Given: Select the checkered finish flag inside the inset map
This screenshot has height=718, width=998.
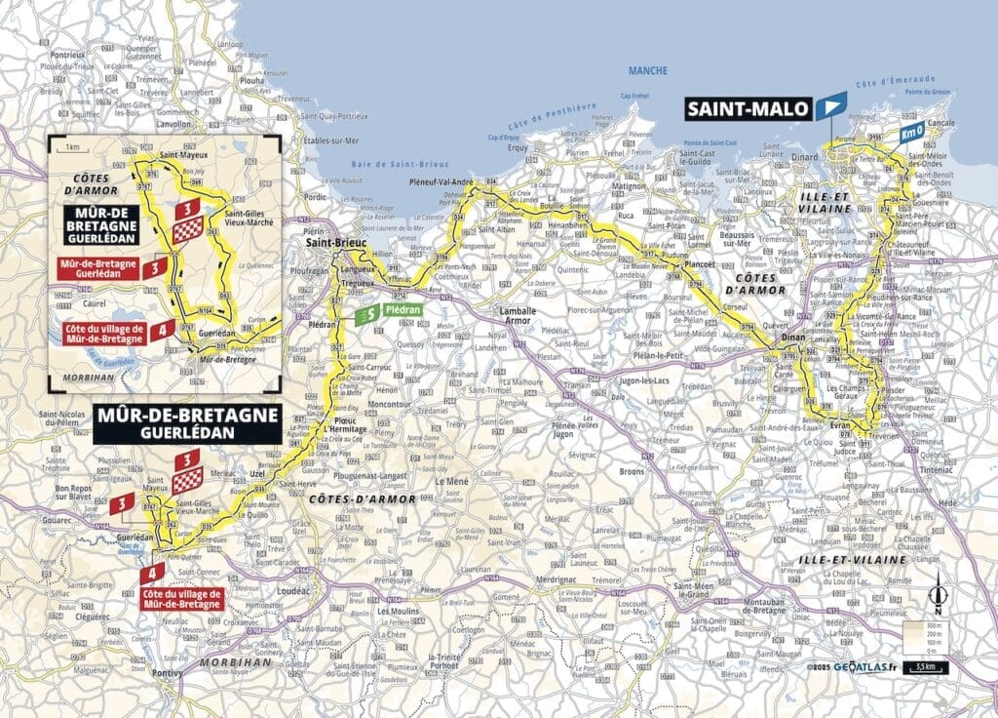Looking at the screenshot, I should coord(187,229).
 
